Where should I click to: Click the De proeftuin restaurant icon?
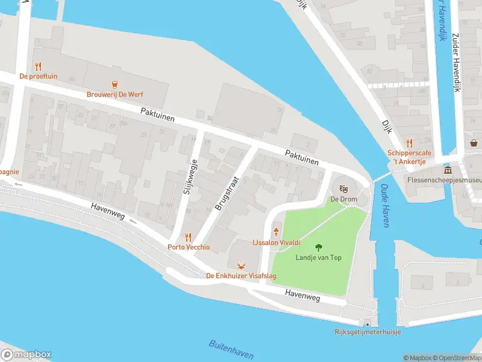point(39,66)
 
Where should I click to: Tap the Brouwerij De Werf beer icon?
point(113,85)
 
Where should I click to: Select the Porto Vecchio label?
point(189,247)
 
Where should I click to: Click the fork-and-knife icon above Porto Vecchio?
point(189,237)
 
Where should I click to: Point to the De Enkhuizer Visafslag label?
point(242,276)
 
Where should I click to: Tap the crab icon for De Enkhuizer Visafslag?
point(242,265)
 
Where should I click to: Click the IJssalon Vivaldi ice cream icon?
point(277,232)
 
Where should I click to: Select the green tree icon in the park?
point(318,247)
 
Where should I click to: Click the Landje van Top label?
point(318,258)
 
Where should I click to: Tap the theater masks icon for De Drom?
point(344,189)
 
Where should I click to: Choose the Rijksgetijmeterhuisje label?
point(368,332)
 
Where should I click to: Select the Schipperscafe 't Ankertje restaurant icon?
point(410,143)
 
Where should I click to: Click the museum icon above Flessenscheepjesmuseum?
point(448,170)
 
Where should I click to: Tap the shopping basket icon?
point(474,143)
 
